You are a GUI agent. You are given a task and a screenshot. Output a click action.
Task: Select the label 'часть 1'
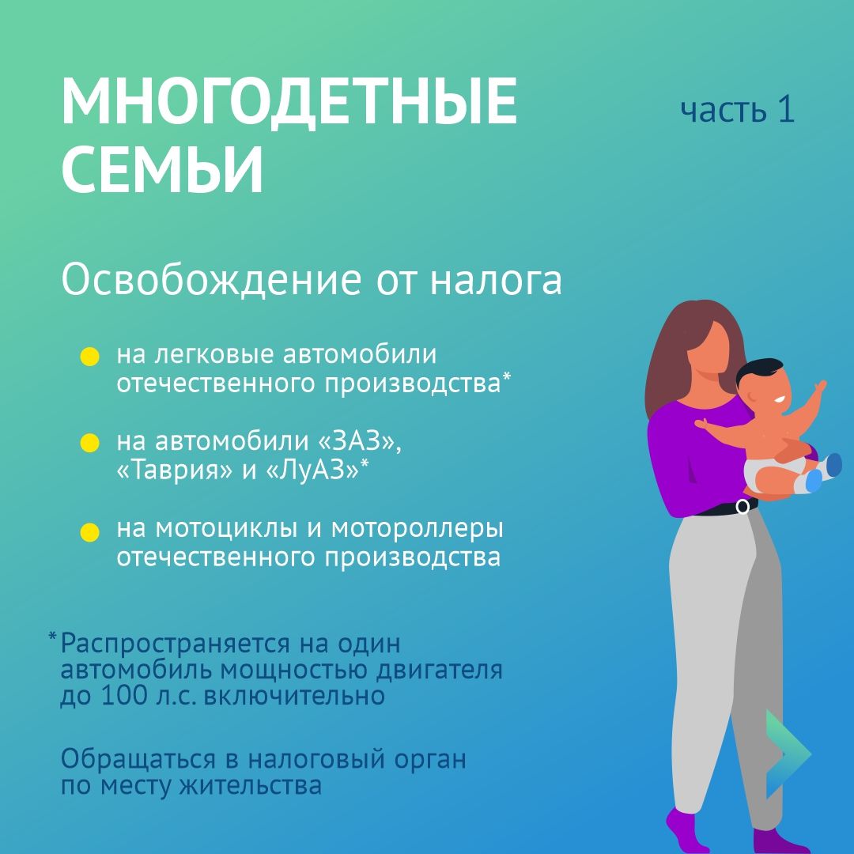[x=738, y=109]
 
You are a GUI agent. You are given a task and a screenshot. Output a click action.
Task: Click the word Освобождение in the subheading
[x=211, y=282]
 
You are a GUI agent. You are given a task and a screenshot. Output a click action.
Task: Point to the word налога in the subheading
[x=496, y=282]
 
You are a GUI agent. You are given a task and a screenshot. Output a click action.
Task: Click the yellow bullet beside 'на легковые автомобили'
[x=90, y=357]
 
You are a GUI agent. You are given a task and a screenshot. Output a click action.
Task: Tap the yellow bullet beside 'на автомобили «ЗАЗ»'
[x=90, y=444]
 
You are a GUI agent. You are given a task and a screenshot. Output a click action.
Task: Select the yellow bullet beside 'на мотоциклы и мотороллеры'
[x=90, y=532]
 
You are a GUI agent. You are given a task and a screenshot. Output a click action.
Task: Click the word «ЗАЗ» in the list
[x=360, y=441]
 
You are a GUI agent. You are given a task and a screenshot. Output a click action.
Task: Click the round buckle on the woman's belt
[x=743, y=507]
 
